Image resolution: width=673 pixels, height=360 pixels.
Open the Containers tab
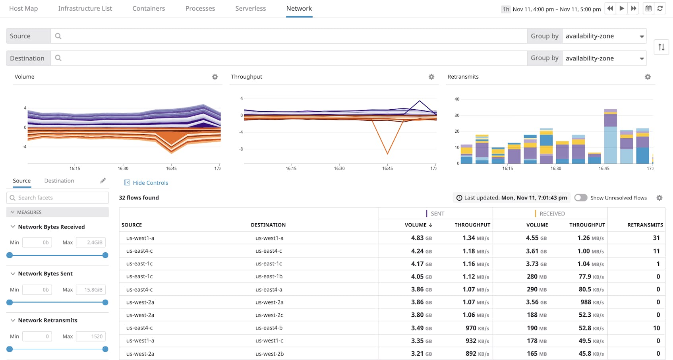(x=149, y=8)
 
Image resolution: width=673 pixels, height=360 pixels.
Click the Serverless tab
(x=250, y=8)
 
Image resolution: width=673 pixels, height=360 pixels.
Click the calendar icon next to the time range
(x=648, y=8)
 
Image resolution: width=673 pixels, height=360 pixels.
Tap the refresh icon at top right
(x=660, y=8)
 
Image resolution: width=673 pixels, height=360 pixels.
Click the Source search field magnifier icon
(x=58, y=36)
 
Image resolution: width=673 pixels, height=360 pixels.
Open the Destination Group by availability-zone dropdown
(x=604, y=58)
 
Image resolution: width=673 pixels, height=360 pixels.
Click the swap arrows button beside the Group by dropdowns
(x=661, y=47)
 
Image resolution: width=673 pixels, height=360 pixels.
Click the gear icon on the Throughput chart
(x=431, y=77)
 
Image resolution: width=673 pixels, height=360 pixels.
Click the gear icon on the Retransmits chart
(x=648, y=77)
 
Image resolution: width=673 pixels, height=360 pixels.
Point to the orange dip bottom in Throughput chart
(x=387, y=153)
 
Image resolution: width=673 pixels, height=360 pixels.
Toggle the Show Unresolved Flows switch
(x=580, y=198)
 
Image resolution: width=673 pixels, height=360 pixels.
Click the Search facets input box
(x=58, y=198)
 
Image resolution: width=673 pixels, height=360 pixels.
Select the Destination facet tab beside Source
(x=59, y=181)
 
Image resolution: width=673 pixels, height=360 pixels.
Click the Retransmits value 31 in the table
(x=656, y=238)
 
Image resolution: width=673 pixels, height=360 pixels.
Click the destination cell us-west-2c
(x=269, y=315)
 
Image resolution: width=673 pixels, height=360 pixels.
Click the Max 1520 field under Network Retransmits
(x=91, y=337)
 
